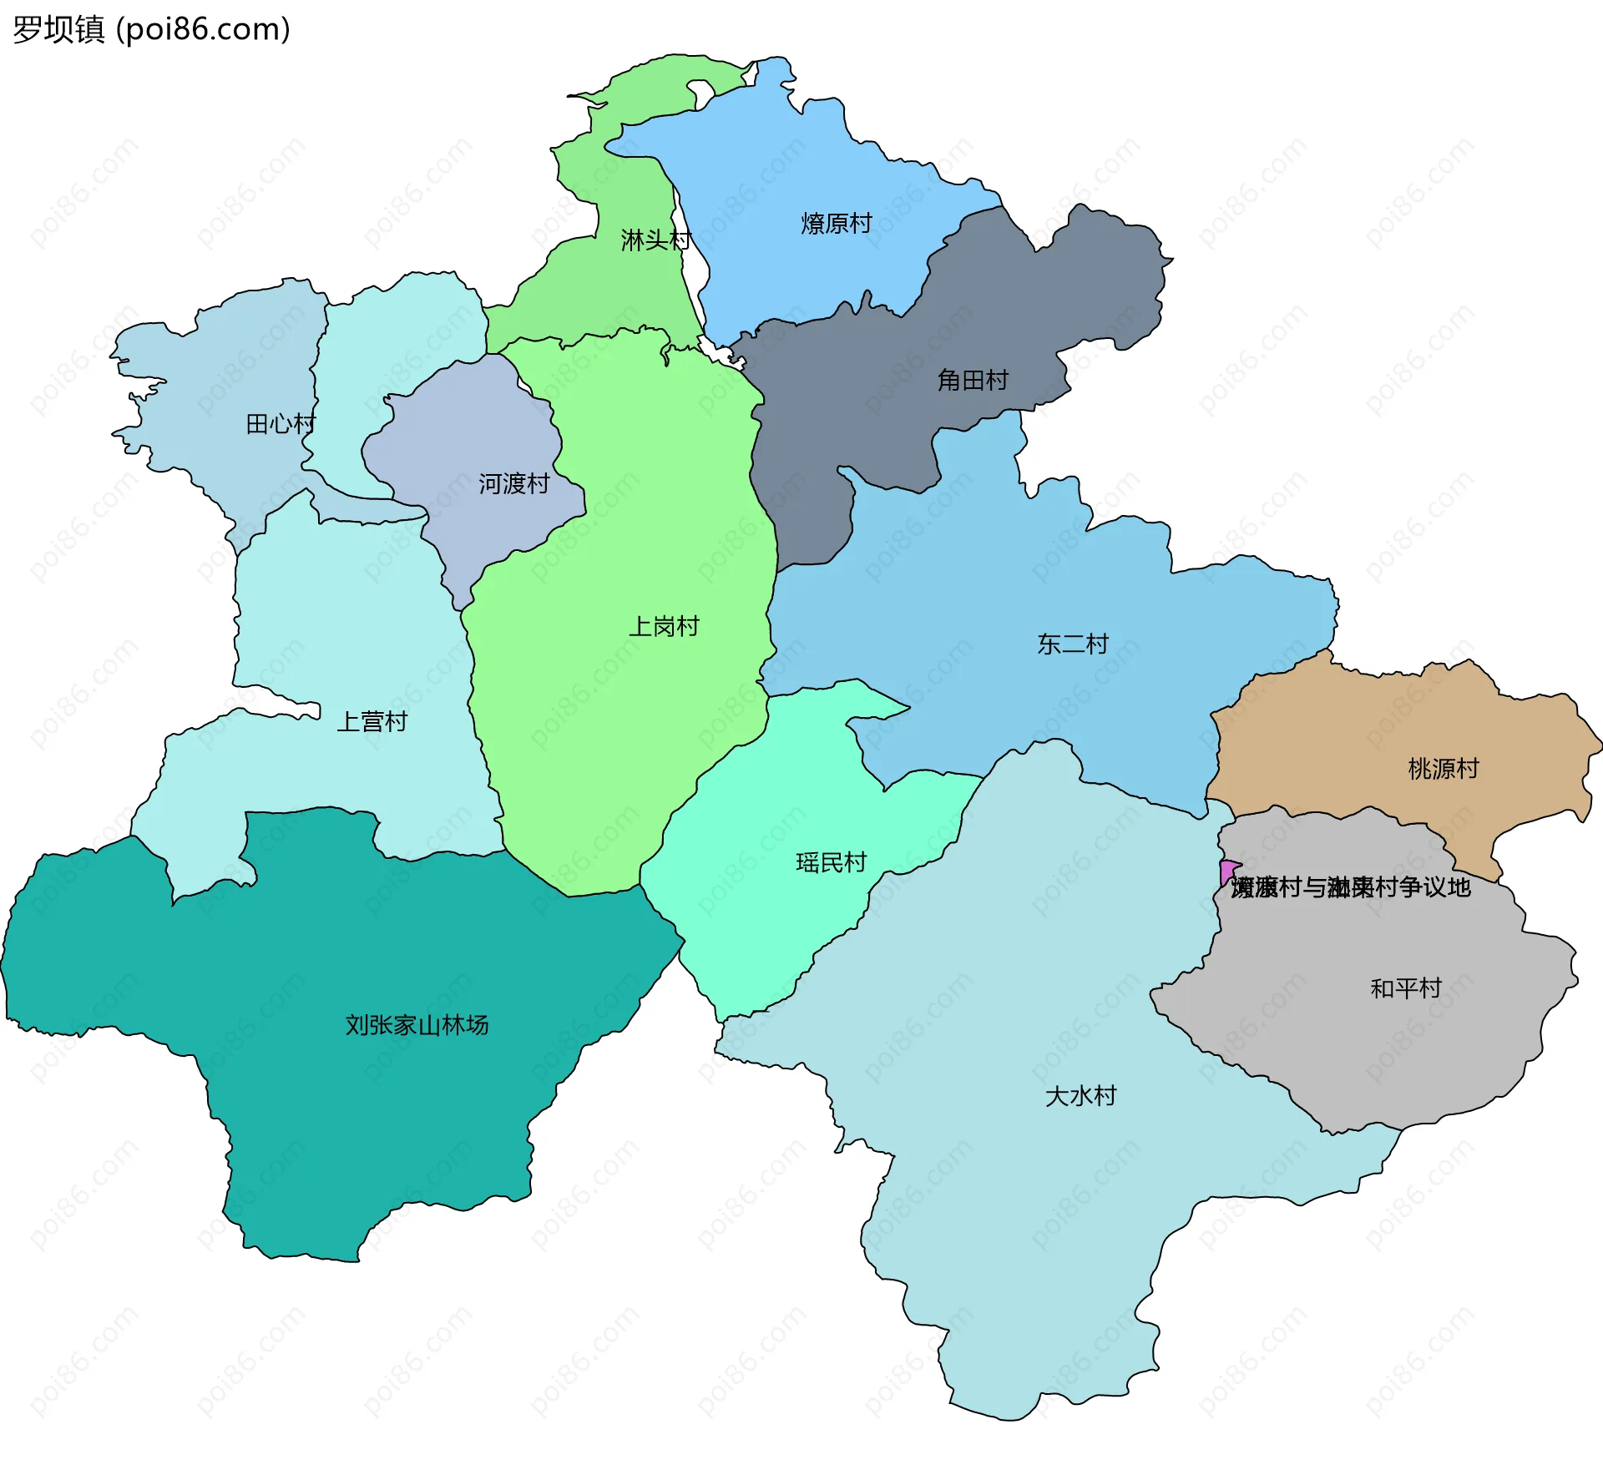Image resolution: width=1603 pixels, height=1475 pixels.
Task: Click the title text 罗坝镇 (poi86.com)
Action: click(x=151, y=29)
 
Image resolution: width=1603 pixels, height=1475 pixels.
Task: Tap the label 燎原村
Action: click(x=836, y=224)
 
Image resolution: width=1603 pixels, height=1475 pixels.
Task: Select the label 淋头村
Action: click(x=655, y=240)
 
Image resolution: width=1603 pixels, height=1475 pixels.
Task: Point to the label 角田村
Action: click(x=973, y=381)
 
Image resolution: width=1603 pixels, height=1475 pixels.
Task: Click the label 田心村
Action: click(x=281, y=424)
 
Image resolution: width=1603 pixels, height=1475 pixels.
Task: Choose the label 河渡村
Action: click(x=513, y=484)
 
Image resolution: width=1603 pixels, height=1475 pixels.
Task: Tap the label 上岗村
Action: click(x=664, y=627)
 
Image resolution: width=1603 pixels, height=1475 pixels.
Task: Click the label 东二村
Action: click(x=1073, y=644)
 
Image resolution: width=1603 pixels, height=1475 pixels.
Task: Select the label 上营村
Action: click(x=372, y=722)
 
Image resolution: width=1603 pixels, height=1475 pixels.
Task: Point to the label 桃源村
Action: click(x=1444, y=769)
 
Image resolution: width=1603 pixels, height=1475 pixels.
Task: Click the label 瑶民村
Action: click(x=832, y=863)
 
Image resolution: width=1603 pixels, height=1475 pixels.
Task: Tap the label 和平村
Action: click(x=1406, y=989)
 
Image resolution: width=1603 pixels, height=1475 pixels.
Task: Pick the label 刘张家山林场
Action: click(x=417, y=1025)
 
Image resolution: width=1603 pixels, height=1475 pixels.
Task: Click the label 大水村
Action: click(x=1081, y=1096)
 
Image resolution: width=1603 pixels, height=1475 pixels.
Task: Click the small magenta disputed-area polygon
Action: click(x=1227, y=871)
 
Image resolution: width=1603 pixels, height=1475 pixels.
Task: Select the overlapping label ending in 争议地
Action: click(x=1351, y=888)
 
